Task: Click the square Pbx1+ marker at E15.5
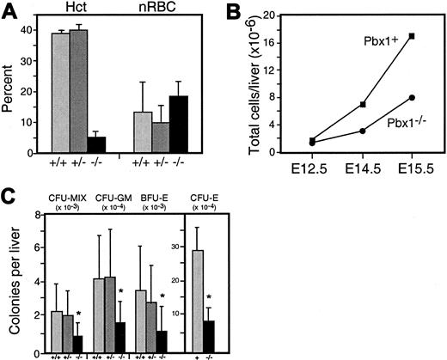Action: coord(413,36)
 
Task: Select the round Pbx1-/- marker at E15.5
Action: coord(413,98)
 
